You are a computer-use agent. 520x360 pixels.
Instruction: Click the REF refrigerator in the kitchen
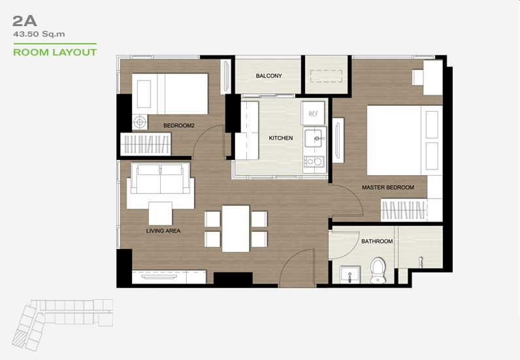(x=313, y=114)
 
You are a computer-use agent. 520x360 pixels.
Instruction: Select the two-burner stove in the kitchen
(x=314, y=161)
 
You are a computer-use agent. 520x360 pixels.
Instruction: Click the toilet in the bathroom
(x=378, y=270)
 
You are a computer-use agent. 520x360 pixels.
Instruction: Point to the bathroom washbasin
(x=350, y=274)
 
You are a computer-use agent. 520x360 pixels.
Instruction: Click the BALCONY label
(x=268, y=76)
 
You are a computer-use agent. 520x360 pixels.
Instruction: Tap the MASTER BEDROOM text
(x=387, y=188)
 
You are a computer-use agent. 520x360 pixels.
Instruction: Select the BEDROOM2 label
(x=179, y=125)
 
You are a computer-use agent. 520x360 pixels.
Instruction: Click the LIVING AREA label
(x=163, y=231)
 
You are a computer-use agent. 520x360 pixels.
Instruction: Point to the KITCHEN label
(x=280, y=138)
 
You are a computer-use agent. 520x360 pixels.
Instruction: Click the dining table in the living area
(x=235, y=229)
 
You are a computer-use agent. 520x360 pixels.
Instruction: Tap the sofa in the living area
(x=161, y=178)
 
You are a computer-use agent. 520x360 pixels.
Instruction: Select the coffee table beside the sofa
(x=161, y=214)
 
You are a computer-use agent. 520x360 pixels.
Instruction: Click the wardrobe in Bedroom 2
(x=146, y=144)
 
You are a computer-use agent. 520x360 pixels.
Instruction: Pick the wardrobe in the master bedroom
(x=403, y=210)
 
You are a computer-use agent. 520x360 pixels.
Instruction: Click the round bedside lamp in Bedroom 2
(x=140, y=122)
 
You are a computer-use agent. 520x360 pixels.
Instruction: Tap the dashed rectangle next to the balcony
(x=327, y=76)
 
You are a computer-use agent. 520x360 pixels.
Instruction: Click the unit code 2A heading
(x=25, y=22)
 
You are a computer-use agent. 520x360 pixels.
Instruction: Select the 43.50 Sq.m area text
(x=39, y=34)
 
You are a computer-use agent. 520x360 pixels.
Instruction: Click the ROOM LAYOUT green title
(x=55, y=52)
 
